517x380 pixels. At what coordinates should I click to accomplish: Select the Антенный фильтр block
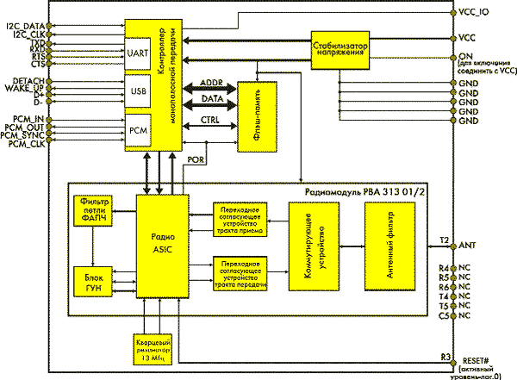click(394, 251)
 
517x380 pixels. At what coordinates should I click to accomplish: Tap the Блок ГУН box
click(94, 285)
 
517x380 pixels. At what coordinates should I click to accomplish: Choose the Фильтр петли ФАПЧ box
click(94, 212)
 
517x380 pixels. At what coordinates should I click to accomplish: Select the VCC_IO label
click(477, 14)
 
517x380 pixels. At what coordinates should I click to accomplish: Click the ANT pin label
click(470, 245)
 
